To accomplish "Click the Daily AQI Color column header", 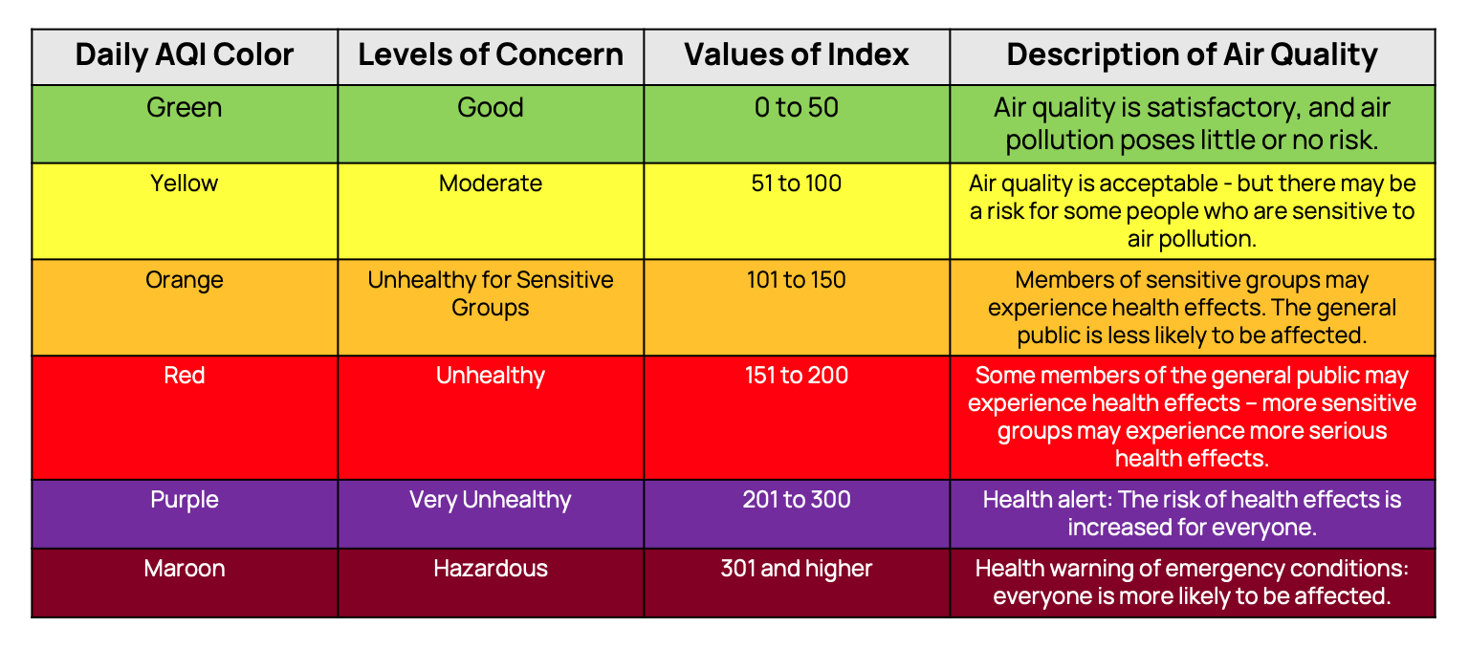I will tap(184, 54).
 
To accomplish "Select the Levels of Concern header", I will tap(491, 54).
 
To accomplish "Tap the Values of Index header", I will tap(797, 54).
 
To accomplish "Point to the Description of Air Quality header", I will tap(1192, 54).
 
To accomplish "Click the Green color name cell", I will tap(184, 107).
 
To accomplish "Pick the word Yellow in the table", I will tap(184, 183).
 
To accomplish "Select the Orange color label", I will tap(184, 280).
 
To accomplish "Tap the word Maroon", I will tap(184, 569).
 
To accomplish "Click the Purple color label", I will tap(184, 500).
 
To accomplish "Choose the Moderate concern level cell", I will tap(491, 183).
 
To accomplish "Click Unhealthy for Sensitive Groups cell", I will tap(491, 294).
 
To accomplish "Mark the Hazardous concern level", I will tap(491, 569).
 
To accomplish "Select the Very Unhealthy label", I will tap(491, 500).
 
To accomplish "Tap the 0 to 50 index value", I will tap(797, 107).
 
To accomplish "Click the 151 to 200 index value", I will tap(797, 376).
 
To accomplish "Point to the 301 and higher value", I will tap(797, 569).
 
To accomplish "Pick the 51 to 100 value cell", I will tap(797, 183).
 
